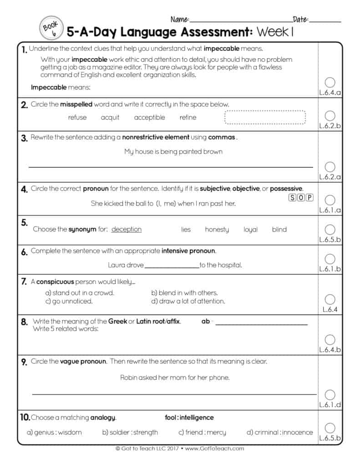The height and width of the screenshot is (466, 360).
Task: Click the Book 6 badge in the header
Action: coord(50,28)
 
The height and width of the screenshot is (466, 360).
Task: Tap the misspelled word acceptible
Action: coord(149,117)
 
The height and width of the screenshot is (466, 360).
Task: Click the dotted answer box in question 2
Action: coord(265,117)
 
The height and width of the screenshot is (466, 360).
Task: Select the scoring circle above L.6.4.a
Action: coord(330,82)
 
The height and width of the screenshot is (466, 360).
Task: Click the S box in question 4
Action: coord(292,198)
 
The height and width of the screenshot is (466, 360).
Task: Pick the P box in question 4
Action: coord(309,198)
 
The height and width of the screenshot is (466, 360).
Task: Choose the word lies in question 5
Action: coord(186,229)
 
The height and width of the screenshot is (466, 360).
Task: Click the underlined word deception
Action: coord(127,229)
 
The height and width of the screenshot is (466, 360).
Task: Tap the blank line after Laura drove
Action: coord(172,265)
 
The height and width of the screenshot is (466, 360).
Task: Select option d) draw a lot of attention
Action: coord(188,301)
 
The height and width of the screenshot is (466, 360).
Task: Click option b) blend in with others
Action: coord(184,293)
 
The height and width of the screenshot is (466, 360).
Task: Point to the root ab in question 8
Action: coord(206,321)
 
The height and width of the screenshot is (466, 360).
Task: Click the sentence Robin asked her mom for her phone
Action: coord(175,377)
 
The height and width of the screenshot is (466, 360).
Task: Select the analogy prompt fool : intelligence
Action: coord(189,417)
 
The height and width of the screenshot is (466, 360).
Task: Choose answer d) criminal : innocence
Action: coord(279,432)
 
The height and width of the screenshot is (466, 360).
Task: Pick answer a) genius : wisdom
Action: coord(55,432)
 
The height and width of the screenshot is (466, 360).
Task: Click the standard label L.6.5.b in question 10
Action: coord(330,439)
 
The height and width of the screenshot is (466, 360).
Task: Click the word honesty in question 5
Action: coord(217,229)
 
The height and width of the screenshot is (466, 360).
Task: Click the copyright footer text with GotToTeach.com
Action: coord(180,448)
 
